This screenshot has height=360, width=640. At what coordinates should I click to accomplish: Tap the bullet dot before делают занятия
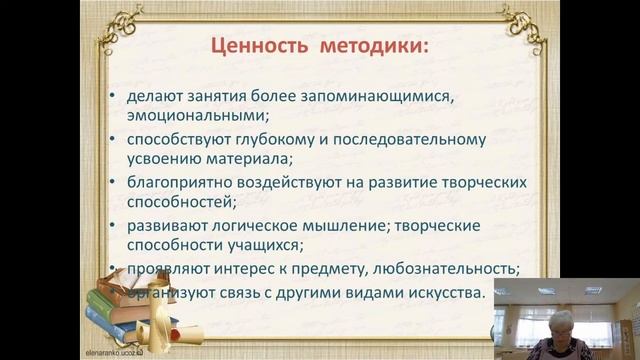pos(115,97)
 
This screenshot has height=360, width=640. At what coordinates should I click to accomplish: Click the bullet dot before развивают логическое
pos(115,225)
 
